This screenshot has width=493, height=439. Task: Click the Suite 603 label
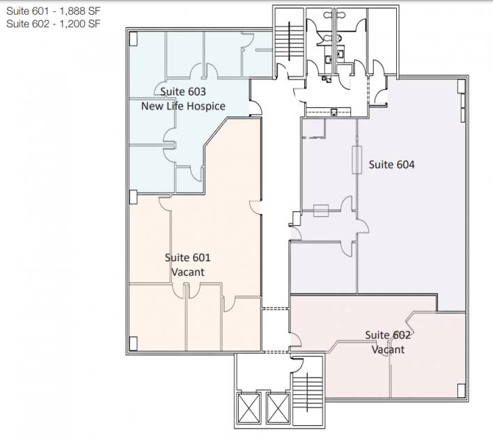183,91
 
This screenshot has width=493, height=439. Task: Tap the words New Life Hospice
183,106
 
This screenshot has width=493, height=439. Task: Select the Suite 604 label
391,164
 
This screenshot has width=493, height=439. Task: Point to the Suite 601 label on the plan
188,258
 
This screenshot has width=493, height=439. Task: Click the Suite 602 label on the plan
388,335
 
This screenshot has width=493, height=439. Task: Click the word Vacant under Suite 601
188,272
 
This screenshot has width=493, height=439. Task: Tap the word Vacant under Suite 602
388,350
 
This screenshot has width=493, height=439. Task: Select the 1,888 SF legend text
80,11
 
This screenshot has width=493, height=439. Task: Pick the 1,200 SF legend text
80,24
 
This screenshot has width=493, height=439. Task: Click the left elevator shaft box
249,408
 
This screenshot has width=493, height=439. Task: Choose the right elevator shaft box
278,408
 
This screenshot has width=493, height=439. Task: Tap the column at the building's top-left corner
133,39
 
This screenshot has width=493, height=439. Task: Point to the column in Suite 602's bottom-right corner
461,390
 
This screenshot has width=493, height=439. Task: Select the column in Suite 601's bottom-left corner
133,344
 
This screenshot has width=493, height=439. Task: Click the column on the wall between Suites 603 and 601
133,197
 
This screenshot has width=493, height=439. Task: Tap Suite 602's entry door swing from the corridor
295,339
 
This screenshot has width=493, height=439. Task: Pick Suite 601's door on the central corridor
256,208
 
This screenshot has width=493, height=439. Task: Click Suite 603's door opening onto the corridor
256,107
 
